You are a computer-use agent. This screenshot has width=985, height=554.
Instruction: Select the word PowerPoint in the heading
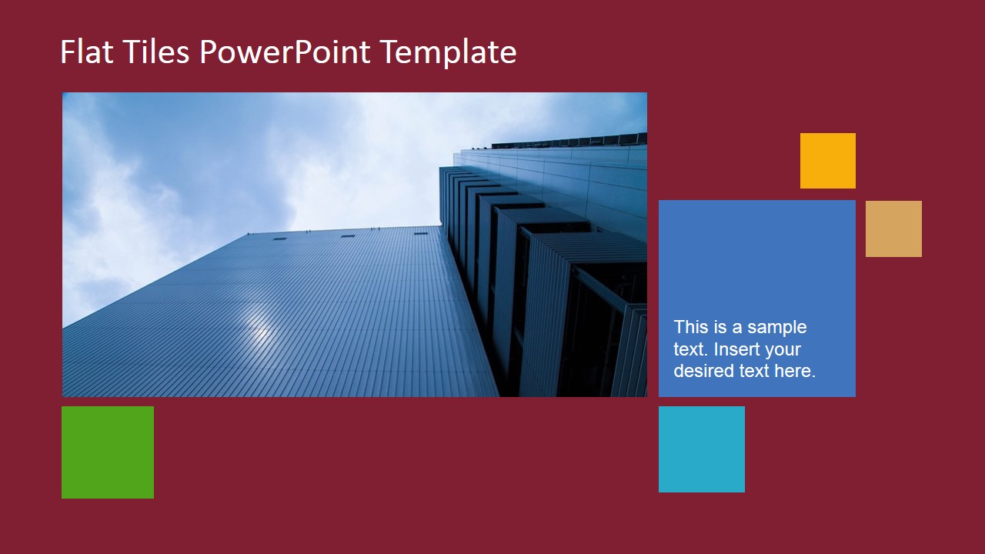285,52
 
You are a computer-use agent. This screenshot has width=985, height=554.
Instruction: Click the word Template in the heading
448,52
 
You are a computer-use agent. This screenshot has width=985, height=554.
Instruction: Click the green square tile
108,452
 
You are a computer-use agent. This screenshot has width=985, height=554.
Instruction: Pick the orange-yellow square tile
827,161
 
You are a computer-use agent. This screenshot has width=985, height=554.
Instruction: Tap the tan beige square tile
893,229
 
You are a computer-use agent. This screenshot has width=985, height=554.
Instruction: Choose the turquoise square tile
701,449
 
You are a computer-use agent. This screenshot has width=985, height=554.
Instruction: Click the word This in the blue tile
689,327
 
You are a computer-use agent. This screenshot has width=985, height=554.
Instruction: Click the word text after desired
750,371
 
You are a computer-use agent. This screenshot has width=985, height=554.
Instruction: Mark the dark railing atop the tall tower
569,141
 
